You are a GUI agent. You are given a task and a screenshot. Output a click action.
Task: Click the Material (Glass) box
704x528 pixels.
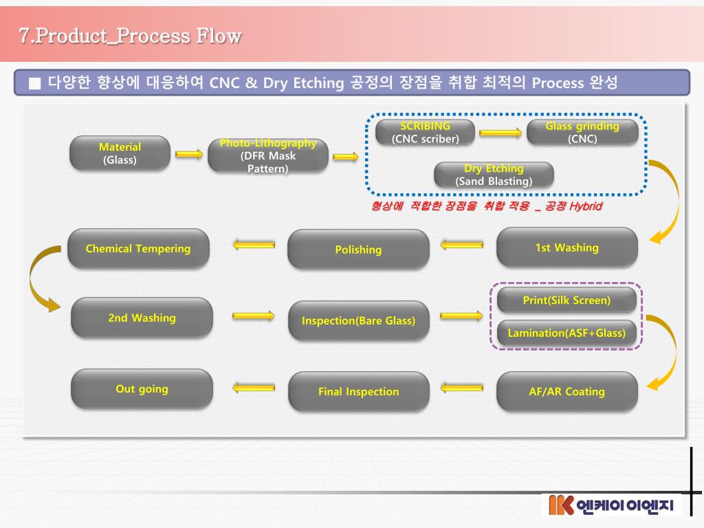pyautogui.click(x=120, y=153)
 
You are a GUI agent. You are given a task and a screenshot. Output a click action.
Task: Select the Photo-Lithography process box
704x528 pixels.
pyautogui.click(x=268, y=156)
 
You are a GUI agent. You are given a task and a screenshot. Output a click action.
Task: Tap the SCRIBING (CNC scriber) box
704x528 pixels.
pyautogui.click(x=425, y=133)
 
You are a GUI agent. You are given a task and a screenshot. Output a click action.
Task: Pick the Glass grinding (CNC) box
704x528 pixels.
pyautogui.click(x=582, y=133)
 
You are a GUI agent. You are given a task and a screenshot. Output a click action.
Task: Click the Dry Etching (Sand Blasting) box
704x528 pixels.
pyautogui.click(x=494, y=175)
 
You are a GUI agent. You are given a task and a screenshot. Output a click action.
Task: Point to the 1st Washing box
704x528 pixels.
pyautogui.click(x=566, y=247)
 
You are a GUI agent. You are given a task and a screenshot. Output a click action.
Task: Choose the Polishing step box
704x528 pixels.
pyautogui.click(x=358, y=250)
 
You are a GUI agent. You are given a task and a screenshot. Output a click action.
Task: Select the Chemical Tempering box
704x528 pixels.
pyautogui.click(x=138, y=249)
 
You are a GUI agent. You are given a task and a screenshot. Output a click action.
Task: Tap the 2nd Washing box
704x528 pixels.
pyautogui.click(x=142, y=318)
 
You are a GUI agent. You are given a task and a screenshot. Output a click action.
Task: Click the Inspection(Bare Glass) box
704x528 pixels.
pyautogui.click(x=358, y=320)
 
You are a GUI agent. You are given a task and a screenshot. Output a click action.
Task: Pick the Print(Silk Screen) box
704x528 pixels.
pyautogui.click(x=566, y=300)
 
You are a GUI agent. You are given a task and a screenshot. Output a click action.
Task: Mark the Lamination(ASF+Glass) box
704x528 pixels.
pyautogui.click(x=566, y=333)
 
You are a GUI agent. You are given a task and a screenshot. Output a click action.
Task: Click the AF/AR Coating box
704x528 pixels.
pyautogui.click(x=566, y=392)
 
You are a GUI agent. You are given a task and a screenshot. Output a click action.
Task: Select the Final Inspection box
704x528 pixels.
pyautogui.click(x=358, y=392)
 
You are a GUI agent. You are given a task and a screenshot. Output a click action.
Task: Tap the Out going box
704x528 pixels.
pyautogui.click(x=142, y=389)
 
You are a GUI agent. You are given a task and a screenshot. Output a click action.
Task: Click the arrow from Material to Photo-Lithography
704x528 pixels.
pyautogui.click(x=189, y=155)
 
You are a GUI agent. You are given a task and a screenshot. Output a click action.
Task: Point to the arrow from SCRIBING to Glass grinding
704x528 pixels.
pyautogui.click(x=500, y=133)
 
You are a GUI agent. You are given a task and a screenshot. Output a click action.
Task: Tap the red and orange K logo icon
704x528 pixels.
pyautogui.click(x=561, y=505)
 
